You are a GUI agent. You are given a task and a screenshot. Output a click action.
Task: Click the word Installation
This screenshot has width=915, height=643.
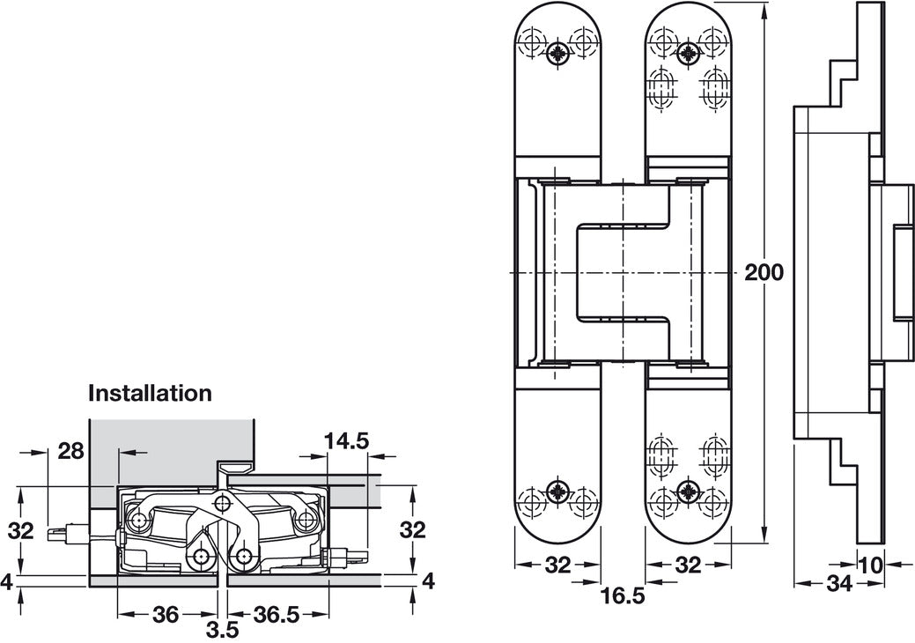tap(150, 394)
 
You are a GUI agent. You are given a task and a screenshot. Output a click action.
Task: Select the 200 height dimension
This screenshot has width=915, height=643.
tap(763, 272)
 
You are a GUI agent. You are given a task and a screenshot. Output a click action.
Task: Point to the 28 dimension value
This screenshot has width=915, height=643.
tap(70, 451)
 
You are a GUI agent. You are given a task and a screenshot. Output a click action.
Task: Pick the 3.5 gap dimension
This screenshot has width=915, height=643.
tap(220, 632)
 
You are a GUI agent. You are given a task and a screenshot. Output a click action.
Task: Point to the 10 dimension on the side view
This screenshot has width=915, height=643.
tap(870, 565)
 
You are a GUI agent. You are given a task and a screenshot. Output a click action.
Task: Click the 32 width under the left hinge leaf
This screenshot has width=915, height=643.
tap(557, 565)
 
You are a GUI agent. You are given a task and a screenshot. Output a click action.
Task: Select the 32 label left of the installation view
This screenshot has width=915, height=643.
tap(20, 531)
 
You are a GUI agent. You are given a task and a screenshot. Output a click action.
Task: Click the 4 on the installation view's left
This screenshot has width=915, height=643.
tap(7, 581)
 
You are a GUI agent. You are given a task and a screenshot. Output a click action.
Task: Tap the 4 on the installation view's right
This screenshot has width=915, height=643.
tap(429, 581)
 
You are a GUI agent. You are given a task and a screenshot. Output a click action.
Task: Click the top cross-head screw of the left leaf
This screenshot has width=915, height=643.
tap(557, 52)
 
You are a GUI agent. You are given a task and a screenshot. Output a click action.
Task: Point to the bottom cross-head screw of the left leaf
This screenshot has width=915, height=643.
tap(557, 491)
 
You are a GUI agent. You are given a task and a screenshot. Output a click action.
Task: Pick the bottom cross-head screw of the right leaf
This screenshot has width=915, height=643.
tap(689, 491)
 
